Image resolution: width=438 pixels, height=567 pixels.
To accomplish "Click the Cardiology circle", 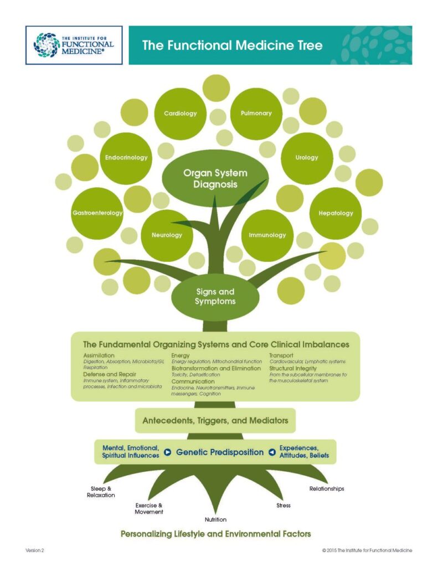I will coord(181,114).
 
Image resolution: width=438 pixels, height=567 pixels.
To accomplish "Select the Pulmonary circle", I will coord(256,114).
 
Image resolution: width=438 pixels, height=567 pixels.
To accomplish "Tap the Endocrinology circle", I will coord(126,158).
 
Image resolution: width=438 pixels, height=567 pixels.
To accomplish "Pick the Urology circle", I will coord(307,158).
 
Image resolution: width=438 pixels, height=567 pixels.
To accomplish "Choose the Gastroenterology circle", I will coord(97,213).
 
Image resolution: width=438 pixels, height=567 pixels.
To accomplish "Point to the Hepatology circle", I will coord(336,213).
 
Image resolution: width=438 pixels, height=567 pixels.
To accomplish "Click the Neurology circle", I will coord(167,235).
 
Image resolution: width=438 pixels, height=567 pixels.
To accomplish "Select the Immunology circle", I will coord(267,235).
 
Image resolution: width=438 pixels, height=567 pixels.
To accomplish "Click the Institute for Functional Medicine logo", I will coord(74,45).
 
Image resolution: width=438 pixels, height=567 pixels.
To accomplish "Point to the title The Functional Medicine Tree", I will coord(232,45).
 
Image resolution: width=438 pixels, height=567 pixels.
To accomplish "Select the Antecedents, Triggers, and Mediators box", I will coord(215,421).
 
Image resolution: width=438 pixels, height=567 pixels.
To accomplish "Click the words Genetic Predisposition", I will coord(219,452).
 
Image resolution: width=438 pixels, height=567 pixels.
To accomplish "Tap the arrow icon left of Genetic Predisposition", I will coord(167,452).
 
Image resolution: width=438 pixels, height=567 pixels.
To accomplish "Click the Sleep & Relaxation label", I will coord(101,492).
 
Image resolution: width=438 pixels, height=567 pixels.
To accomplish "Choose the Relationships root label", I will coord(327,489).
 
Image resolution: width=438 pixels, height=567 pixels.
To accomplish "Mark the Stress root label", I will coord(283,506).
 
